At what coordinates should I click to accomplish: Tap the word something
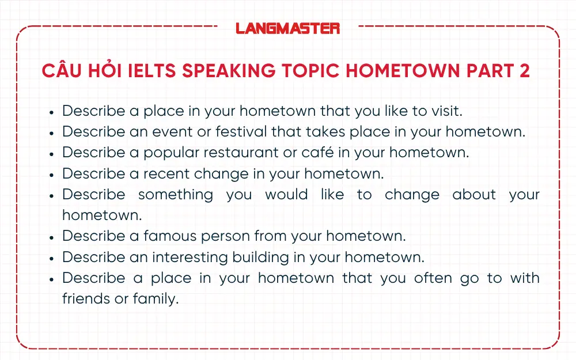pyautogui.click(x=176, y=195)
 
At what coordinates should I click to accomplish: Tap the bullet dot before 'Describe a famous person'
pyautogui.click(x=51, y=237)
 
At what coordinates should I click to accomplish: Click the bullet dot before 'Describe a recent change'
pyautogui.click(x=51, y=174)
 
